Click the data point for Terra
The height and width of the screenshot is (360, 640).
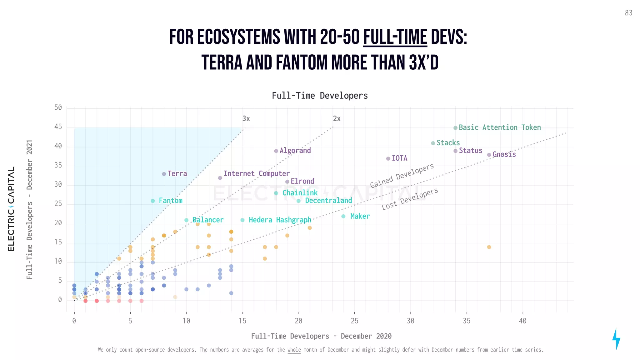coord(164,174)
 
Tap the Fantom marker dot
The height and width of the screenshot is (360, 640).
coord(153,201)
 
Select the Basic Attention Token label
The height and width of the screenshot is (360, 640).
coord(499,127)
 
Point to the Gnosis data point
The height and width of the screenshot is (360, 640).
coord(489,155)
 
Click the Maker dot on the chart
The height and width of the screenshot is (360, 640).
coord(343,217)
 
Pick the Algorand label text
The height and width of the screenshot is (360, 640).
coord(295,151)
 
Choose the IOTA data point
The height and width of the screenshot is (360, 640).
coord(388,159)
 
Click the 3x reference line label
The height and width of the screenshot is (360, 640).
coord(246,119)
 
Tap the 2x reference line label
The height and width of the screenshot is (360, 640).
coord(337,119)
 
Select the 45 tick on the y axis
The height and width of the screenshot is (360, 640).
coord(58,127)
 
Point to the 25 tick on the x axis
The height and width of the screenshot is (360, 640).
coord(354,321)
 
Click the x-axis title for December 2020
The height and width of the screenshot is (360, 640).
coord(321,336)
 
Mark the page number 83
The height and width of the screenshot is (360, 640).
coord(628,13)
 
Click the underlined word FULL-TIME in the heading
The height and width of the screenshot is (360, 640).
coord(395,37)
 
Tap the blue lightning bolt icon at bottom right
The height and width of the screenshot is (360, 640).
coord(616,339)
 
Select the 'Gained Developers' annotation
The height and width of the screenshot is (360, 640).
coord(402,176)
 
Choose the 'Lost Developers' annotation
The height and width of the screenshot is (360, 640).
coord(410,199)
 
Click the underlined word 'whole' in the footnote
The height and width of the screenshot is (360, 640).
coord(294,350)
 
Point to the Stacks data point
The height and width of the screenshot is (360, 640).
coord(433,143)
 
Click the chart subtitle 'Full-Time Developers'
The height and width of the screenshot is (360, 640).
coord(320,96)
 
